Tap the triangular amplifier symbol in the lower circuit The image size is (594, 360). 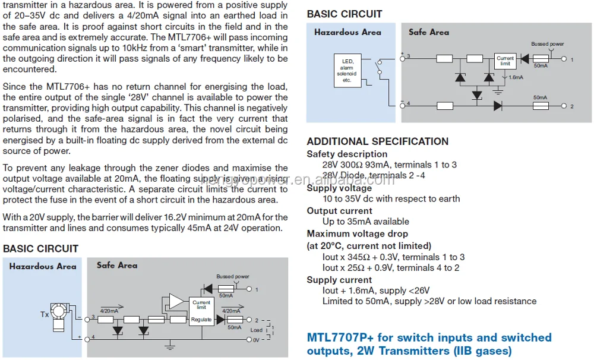[176, 302]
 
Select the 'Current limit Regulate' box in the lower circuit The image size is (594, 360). [201, 311]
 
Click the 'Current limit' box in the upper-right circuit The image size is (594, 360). [505, 61]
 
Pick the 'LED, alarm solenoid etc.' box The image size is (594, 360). [347, 71]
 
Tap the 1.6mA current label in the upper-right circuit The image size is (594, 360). [516, 78]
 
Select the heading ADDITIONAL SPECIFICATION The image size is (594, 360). [377, 141]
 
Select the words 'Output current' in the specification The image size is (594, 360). [339, 211]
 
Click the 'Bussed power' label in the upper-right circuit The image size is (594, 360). [547, 44]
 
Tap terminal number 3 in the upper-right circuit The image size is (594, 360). [409, 56]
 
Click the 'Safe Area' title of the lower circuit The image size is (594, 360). [117, 266]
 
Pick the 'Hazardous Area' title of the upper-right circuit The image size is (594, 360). [347, 32]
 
